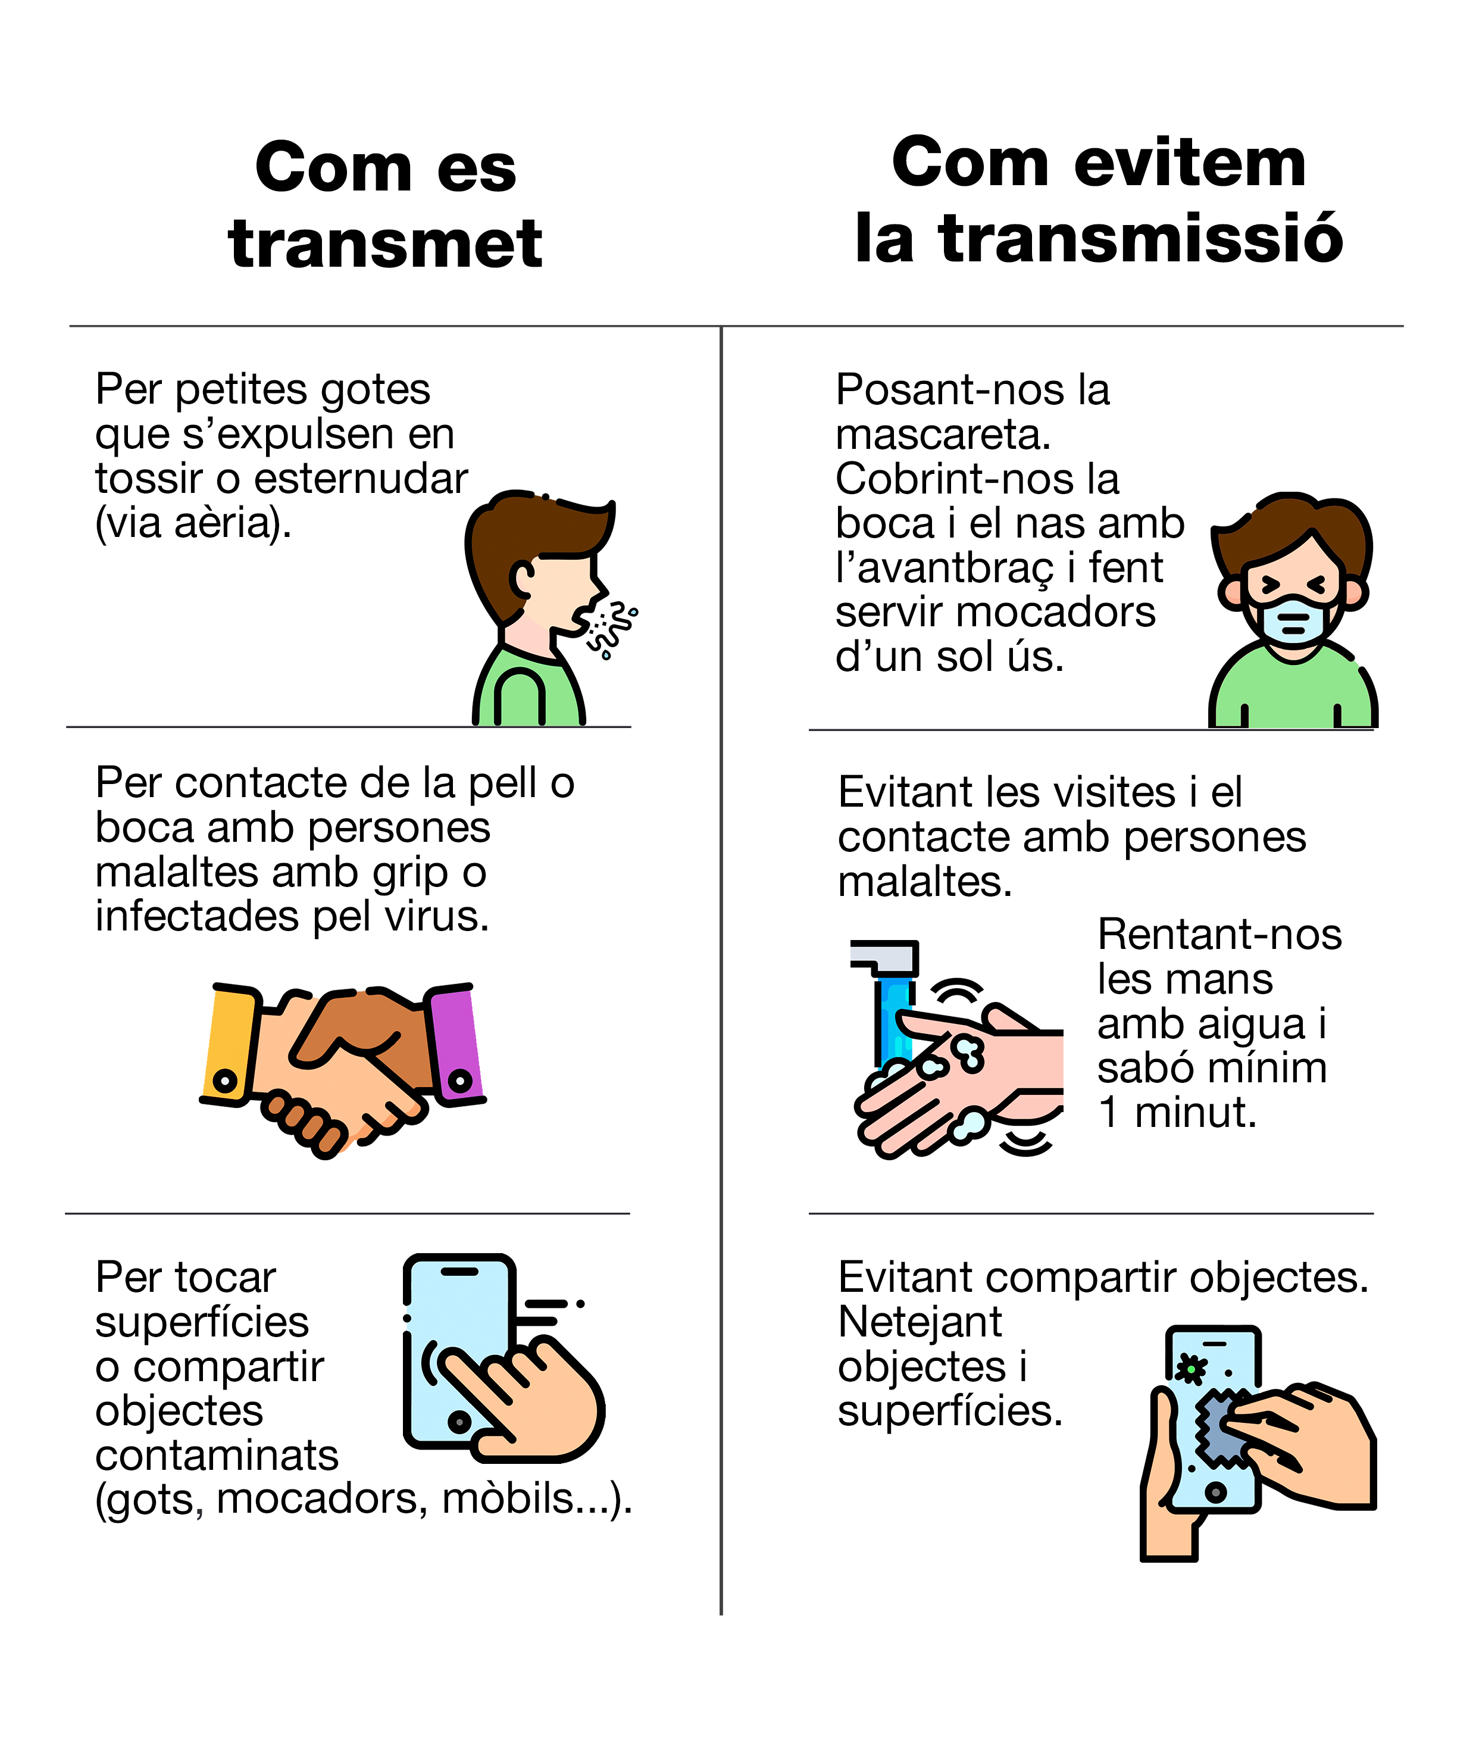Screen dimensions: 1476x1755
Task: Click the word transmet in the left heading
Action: coord(385,243)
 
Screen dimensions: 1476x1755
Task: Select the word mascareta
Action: coord(943,435)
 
